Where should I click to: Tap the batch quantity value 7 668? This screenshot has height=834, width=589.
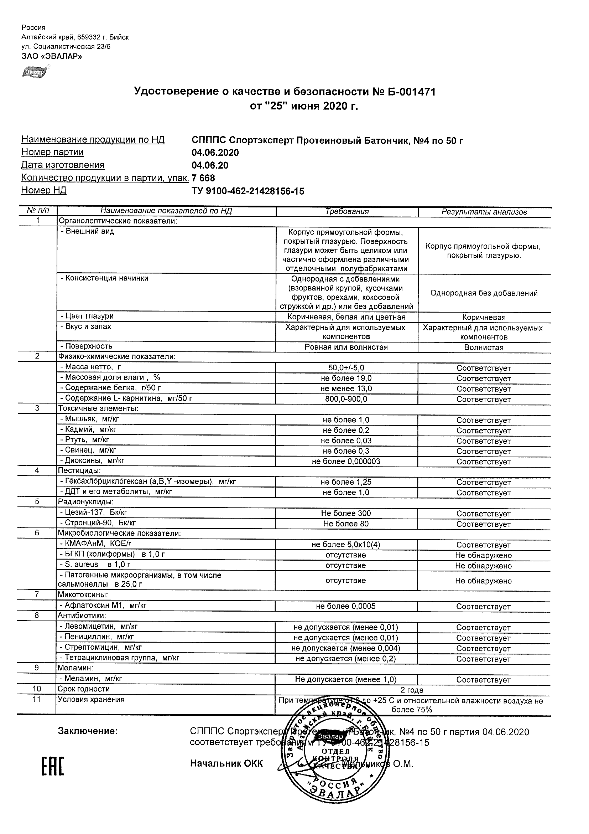[203, 178]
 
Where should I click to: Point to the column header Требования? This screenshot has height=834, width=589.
[346, 211]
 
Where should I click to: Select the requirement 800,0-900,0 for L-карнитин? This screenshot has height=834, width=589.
[346, 399]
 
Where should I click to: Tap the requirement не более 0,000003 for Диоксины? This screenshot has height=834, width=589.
[346, 462]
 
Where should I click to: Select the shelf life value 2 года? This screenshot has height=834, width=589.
[412, 690]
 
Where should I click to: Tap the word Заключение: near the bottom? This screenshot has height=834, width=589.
[88, 731]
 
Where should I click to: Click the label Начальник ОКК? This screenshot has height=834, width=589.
[226, 764]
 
